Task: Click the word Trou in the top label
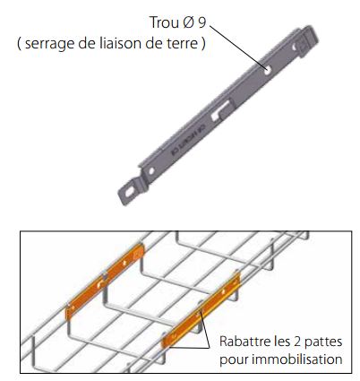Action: point(164,22)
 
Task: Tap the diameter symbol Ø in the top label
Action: point(188,22)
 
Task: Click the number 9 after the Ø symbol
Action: point(202,22)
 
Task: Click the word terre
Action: point(181,44)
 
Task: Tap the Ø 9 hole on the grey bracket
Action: point(268,70)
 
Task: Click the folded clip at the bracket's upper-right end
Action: point(305,41)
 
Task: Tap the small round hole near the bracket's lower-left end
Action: point(151,171)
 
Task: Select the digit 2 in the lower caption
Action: point(297,342)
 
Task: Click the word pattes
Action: point(323,342)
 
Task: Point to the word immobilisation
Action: point(297,359)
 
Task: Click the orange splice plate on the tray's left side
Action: point(105,281)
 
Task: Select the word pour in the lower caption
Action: point(234,359)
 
